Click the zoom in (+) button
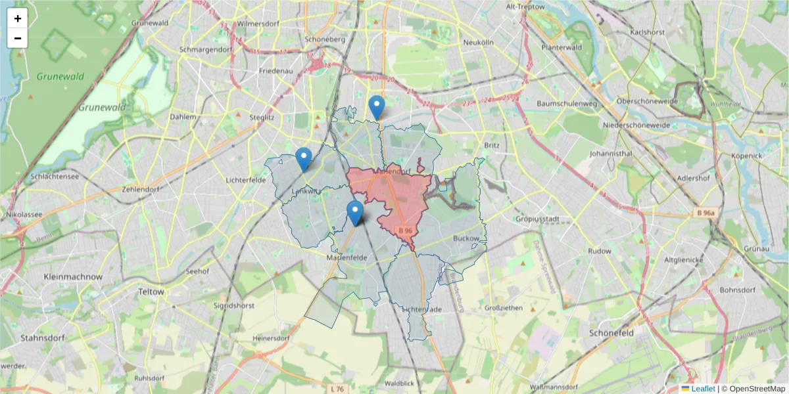pos(17,18)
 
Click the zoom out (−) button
pos(17,38)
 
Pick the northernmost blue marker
pos(376,107)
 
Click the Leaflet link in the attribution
pos(703,389)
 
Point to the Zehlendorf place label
pos(141,189)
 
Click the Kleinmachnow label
pos(73,277)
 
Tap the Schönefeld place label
pos(611,333)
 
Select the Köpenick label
pos(746,156)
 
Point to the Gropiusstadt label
pos(537,218)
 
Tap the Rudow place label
pos(600,251)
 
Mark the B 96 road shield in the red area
pos(405,231)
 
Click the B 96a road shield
pos(706,213)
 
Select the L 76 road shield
pos(337,389)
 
